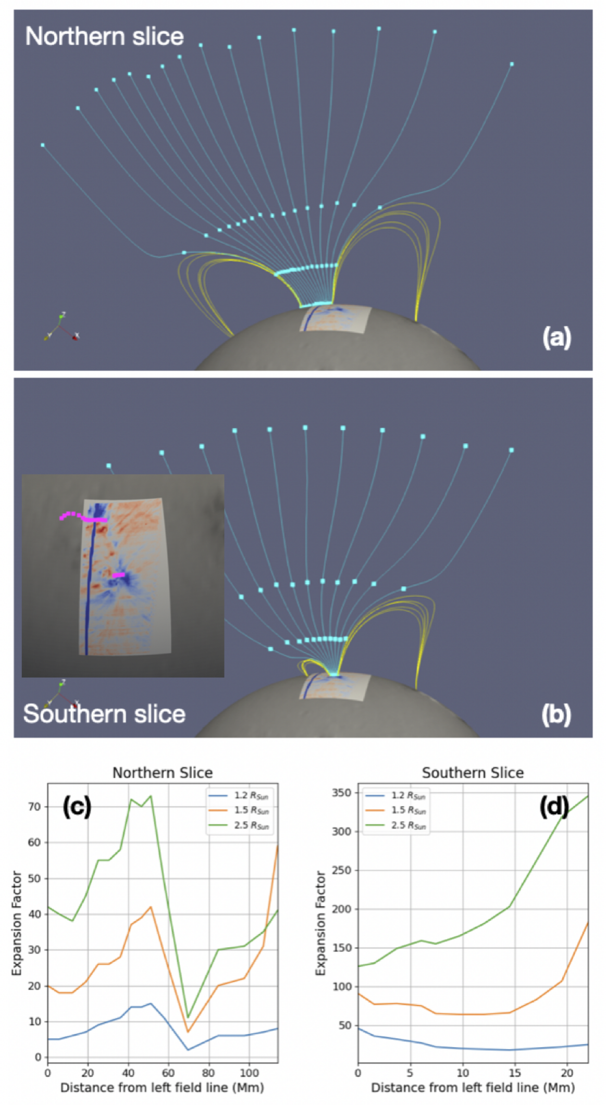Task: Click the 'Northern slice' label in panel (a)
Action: (105, 36)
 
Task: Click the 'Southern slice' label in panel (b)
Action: (104, 713)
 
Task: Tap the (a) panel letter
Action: (556, 337)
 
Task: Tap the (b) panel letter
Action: (556, 714)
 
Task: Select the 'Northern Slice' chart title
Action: (163, 773)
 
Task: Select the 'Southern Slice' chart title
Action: (473, 773)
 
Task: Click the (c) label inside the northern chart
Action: (77, 807)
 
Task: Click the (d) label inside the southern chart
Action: (553, 807)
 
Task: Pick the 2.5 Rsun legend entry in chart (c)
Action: (239, 825)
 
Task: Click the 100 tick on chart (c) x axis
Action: (249, 1073)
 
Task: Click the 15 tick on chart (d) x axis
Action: (515, 1073)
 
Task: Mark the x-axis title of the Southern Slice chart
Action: (473, 1088)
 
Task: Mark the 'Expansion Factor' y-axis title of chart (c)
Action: (17, 923)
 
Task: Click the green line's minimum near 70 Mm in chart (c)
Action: (188, 1018)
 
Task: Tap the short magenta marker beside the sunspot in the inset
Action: (119, 575)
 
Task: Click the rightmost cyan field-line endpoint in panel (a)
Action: (512, 64)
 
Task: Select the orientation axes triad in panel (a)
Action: (61, 327)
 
